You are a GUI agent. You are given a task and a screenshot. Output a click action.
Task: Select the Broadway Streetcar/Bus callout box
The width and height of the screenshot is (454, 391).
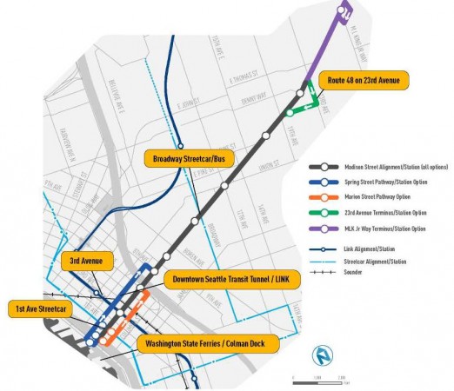click(180, 159)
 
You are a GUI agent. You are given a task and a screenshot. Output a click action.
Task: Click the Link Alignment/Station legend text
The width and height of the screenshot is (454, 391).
click(372, 249)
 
